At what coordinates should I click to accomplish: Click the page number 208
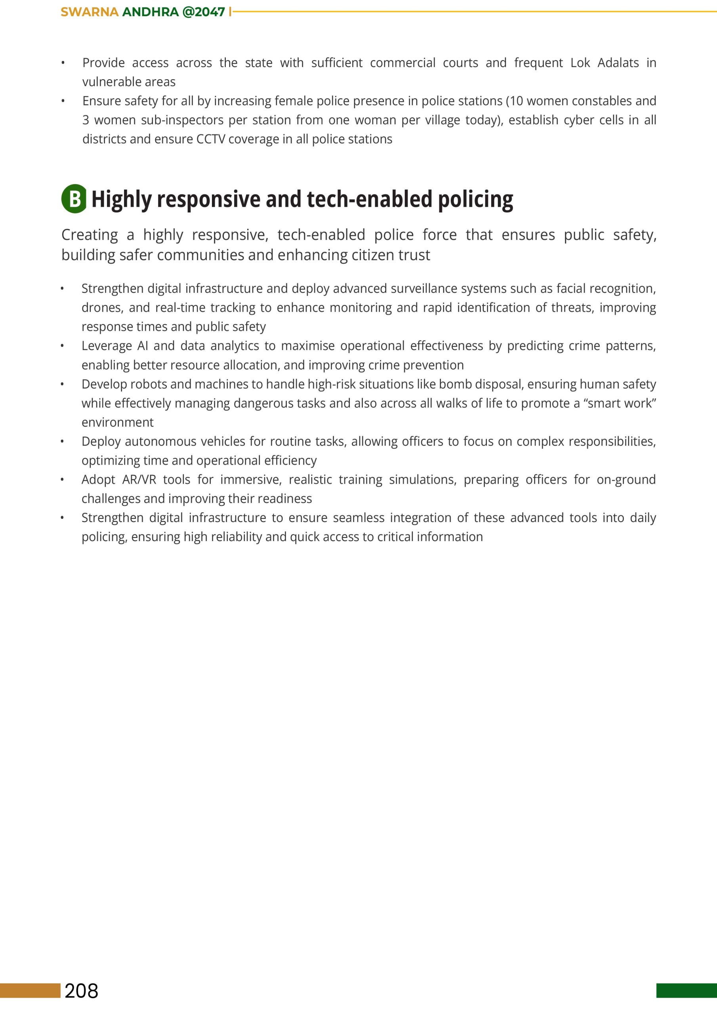pyautogui.click(x=81, y=991)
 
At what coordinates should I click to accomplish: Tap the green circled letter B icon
pyautogui.click(x=74, y=199)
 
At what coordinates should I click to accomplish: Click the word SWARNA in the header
pyautogui.click(x=90, y=12)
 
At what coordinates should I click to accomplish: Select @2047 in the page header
pyautogui.click(x=203, y=12)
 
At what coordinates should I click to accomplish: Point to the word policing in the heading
pyautogui.click(x=475, y=200)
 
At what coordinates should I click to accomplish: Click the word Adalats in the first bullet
pyautogui.click(x=618, y=63)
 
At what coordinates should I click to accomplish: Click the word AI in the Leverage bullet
pyautogui.click(x=143, y=346)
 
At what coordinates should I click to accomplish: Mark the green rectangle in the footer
pyautogui.click(x=686, y=991)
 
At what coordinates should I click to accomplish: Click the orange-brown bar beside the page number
pyautogui.click(x=30, y=991)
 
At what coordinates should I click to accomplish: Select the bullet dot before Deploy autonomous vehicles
pyautogui.click(x=62, y=442)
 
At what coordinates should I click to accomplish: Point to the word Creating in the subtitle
pyautogui.click(x=90, y=235)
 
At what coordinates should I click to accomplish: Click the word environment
pyautogui.click(x=118, y=423)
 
